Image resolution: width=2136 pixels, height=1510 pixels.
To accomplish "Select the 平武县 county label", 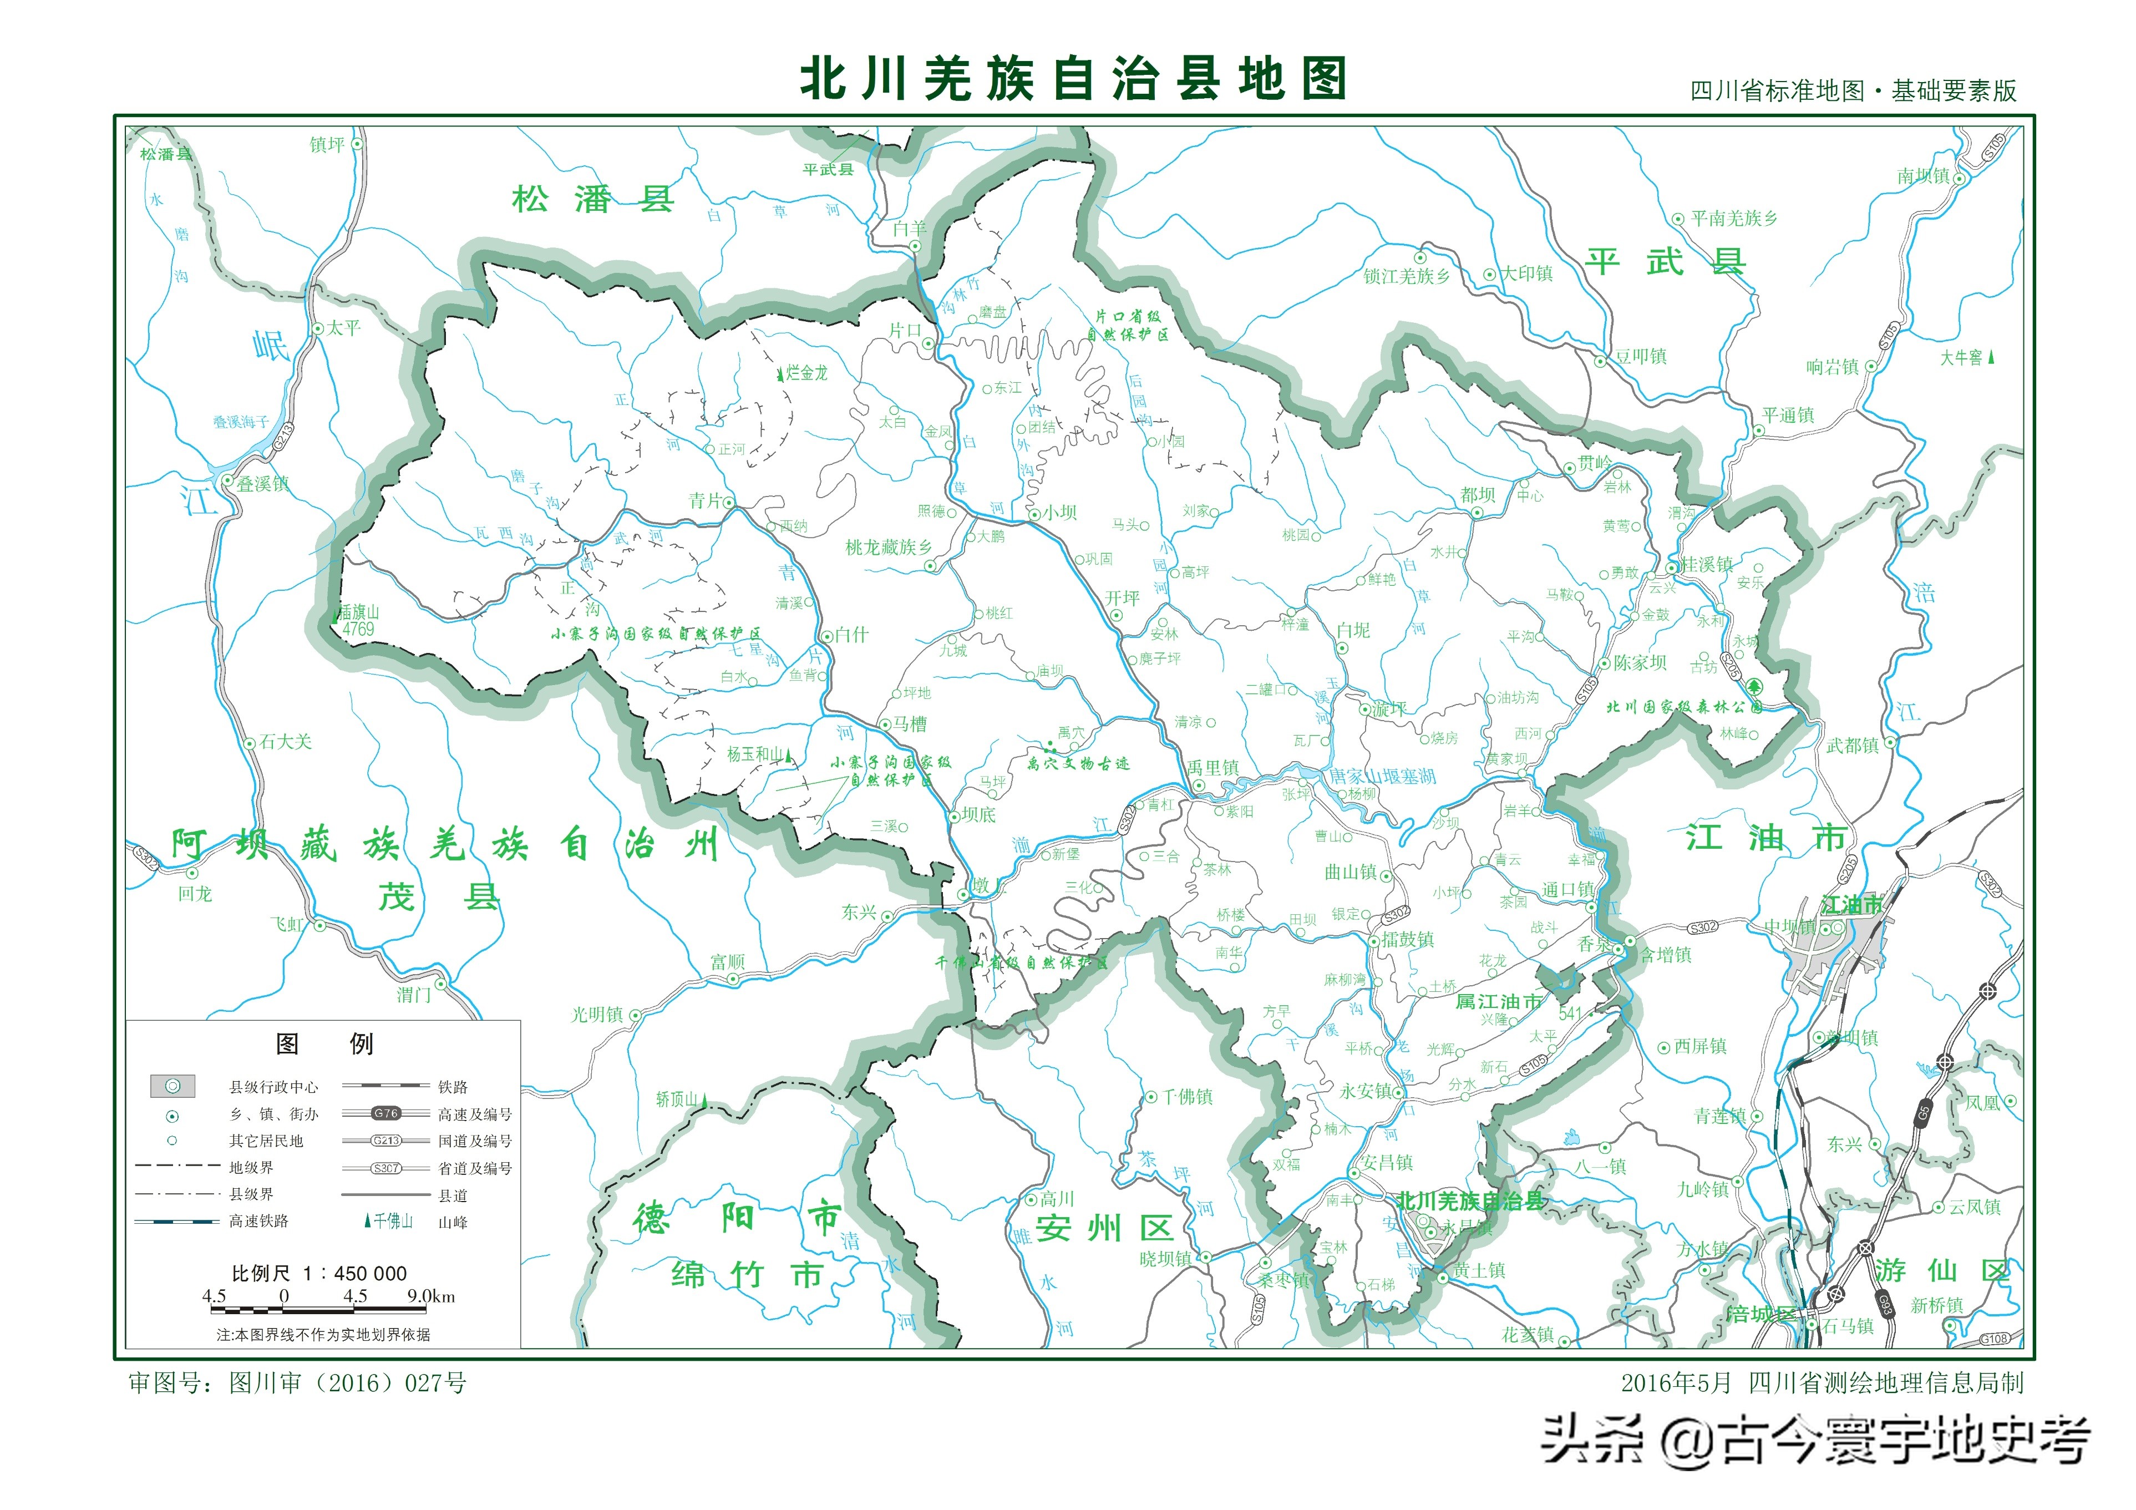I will [1665, 261].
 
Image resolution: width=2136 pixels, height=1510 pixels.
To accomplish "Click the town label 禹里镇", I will [1213, 768].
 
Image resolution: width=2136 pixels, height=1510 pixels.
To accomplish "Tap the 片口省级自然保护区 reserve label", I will [1128, 325].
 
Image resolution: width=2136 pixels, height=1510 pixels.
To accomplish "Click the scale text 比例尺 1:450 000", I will [319, 1273].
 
